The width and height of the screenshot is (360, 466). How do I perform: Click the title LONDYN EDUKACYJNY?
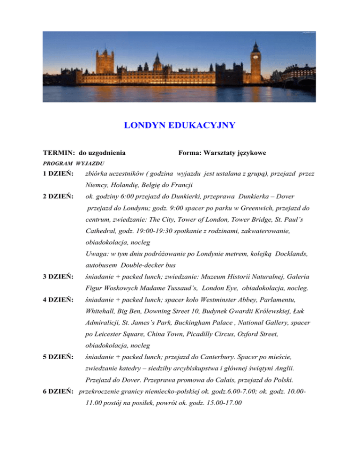point(180,126)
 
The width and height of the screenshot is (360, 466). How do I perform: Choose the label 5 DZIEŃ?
point(58,356)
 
